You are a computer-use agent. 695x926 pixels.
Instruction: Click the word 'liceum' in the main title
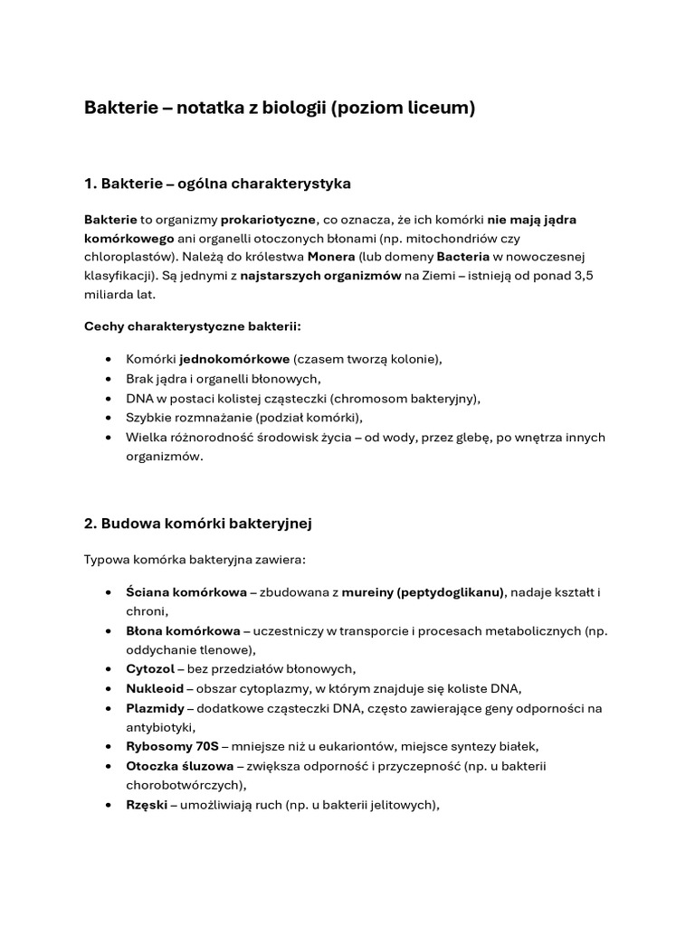[x=440, y=109]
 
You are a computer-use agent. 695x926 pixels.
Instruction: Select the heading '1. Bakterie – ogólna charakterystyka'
[x=217, y=184]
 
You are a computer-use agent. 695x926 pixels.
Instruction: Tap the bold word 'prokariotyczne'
[x=269, y=220]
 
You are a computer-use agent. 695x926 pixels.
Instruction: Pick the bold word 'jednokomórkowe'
[x=234, y=359]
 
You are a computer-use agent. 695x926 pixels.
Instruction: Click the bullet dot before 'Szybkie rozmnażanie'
[x=109, y=417]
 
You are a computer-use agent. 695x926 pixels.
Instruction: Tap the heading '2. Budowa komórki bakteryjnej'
[x=198, y=524]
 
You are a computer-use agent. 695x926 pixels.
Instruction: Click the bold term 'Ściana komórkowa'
[x=186, y=592]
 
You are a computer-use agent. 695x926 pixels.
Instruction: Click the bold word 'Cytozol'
[x=150, y=668]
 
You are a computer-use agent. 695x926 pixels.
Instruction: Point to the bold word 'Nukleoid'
[x=155, y=688]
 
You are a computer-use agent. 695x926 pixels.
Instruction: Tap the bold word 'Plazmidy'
[x=156, y=707]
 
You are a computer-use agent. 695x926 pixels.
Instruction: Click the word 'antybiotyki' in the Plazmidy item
[x=159, y=726]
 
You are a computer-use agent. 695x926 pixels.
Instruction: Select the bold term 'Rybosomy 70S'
[x=171, y=746]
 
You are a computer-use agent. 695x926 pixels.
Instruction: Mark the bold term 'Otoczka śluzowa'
[x=179, y=765]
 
